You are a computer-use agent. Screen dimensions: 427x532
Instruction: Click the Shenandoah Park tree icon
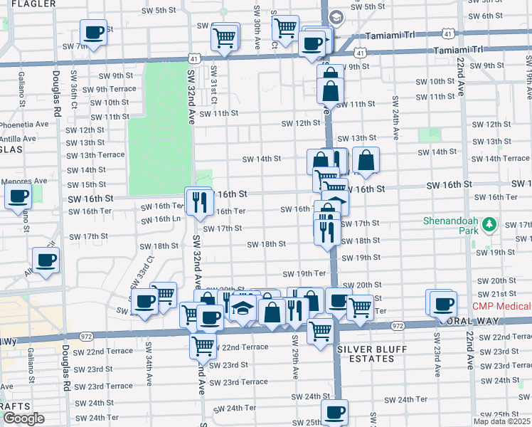(x=488, y=226)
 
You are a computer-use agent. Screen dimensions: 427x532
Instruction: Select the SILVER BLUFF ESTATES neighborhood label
(x=366, y=354)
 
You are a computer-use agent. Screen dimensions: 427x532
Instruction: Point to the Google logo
(x=23, y=418)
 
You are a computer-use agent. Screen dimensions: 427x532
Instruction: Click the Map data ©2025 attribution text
(x=501, y=421)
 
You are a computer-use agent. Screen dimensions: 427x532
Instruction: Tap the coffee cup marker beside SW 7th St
(x=93, y=32)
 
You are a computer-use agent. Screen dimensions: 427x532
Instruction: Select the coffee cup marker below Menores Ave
(x=18, y=196)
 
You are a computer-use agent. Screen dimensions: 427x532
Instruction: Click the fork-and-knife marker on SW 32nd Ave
(x=199, y=201)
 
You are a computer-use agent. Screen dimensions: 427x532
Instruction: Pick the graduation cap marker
(x=243, y=309)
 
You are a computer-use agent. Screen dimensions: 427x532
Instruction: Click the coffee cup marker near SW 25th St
(x=334, y=411)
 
